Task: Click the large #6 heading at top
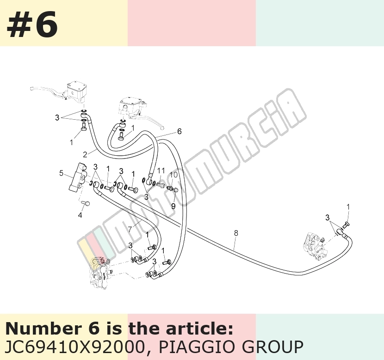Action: click(x=32, y=24)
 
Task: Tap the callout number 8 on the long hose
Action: click(x=236, y=233)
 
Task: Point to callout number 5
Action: click(x=61, y=173)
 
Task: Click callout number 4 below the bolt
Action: click(x=80, y=215)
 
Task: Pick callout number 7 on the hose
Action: click(x=130, y=229)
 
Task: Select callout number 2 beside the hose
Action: click(x=85, y=154)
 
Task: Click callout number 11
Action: click(x=161, y=170)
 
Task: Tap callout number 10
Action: click(x=173, y=175)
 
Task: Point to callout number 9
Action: click(x=173, y=206)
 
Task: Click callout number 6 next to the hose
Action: click(x=179, y=132)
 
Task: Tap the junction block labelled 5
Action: click(x=78, y=177)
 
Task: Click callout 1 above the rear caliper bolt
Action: click(x=348, y=207)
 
